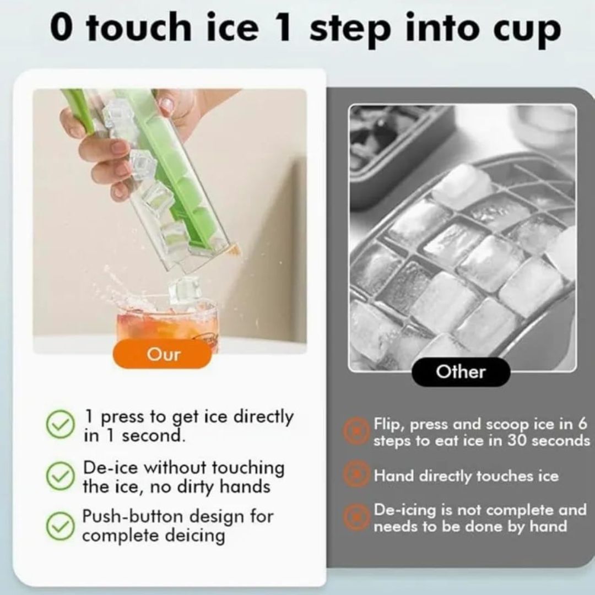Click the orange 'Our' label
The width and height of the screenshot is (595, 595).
[163, 354]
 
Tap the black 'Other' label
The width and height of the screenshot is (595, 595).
[461, 372]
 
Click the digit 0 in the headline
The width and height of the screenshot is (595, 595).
[62, 29]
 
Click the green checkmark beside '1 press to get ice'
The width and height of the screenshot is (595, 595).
[60, 425]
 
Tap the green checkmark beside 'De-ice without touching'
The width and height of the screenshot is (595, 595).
[60, 476]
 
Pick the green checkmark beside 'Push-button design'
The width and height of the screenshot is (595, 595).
[60, 526]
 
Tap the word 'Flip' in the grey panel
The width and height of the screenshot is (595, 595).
[387, 424]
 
